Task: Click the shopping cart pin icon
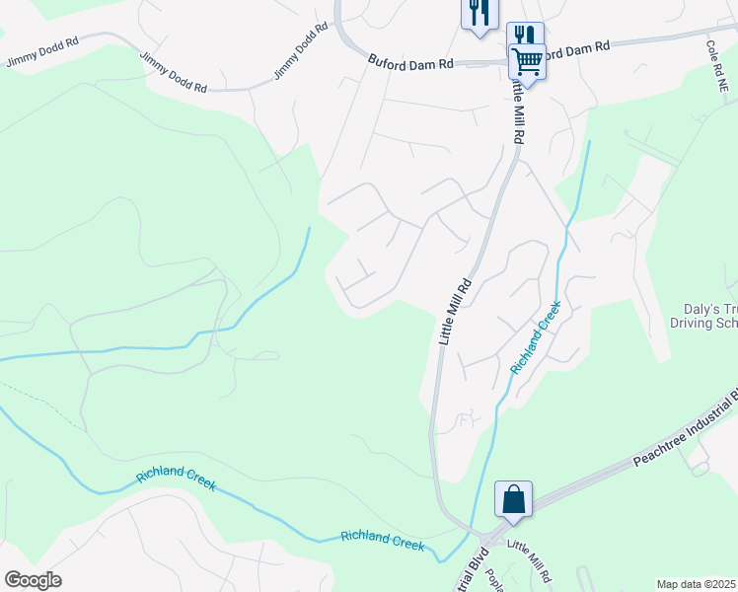[x=527, y=62]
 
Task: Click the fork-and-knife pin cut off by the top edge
[x=479, y=13]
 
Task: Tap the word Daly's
[x=701, y=308]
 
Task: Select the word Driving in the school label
[x=692, y=323]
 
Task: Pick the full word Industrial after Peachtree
[x=712, y=412]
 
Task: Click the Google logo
[x=33, y=580]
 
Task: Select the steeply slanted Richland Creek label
[x=536, y=336]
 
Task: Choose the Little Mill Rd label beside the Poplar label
[x=528, y=559]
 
